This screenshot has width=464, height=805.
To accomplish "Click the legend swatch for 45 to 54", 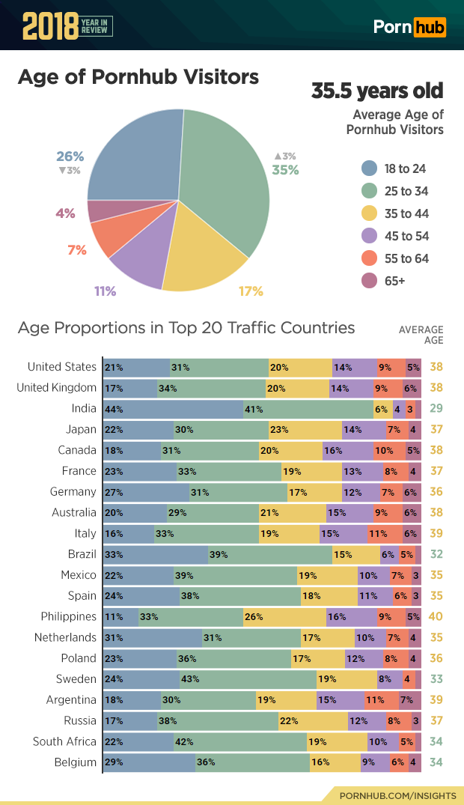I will coord(368,236).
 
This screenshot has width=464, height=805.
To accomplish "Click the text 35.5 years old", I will coord(377,91).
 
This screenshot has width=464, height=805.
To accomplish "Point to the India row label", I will coord(84,409).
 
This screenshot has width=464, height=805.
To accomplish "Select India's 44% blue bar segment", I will coord(173,409).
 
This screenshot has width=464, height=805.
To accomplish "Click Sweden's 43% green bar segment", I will coord(248,679).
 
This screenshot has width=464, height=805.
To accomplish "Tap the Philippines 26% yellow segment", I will coord(284,617).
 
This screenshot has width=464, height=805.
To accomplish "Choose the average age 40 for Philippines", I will coord(436,617).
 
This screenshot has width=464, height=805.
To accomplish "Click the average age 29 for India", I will coord(436,409).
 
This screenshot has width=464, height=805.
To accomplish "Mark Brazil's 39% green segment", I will coord(270,555).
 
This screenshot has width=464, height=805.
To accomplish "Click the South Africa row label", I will coord(64,741).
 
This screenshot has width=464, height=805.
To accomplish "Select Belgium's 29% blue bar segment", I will coord(149,762).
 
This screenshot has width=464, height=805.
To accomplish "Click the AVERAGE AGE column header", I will coord(421,335).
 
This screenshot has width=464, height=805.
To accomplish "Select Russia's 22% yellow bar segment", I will coord(313,721).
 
